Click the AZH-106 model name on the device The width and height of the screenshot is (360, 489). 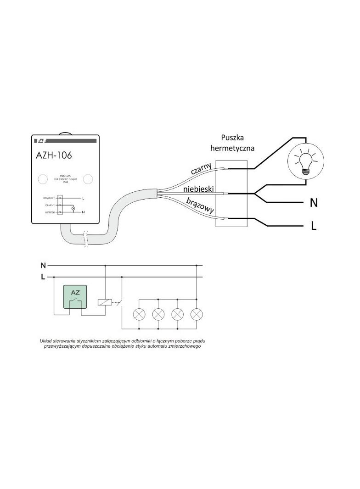point(54,156)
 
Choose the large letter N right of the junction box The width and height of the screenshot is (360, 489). point(314,203)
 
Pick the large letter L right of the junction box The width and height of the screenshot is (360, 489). point(314,226)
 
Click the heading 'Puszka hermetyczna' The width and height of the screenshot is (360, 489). point(232,143)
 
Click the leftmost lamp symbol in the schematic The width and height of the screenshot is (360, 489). point(139,314)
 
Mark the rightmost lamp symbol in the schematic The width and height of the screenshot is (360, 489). point(197,314)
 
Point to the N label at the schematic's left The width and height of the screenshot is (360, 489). point(43,266)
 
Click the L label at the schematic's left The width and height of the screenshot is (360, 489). point(43,277)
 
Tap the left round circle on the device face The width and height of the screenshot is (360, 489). point(42,179)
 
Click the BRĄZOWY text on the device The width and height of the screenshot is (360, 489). point(49,198)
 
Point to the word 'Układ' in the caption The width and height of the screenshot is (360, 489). point(47,341)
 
